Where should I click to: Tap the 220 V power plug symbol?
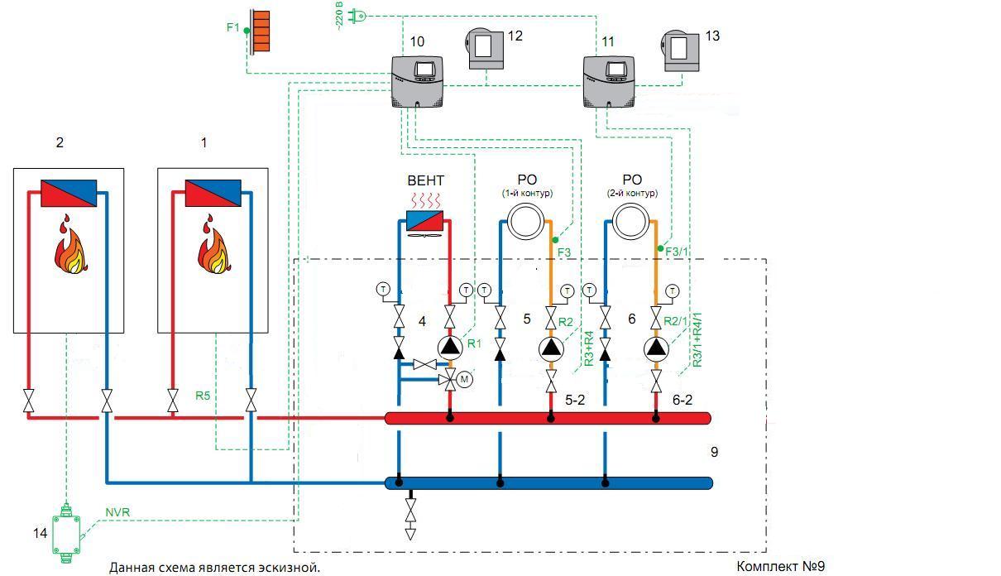[359, 14]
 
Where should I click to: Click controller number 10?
[417, 80]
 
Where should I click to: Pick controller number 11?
[610, 80]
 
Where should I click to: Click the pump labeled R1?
[449, 347]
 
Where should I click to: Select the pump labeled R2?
[551, 348]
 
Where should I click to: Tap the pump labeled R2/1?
[656, 348]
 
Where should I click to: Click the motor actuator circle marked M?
[464, 379]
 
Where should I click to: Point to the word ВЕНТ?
[426, 180]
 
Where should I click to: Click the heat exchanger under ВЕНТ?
[425, 221]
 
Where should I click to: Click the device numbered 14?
[66, 530]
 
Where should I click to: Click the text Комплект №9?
[780, 566]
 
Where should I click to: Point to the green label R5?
[204, 395]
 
